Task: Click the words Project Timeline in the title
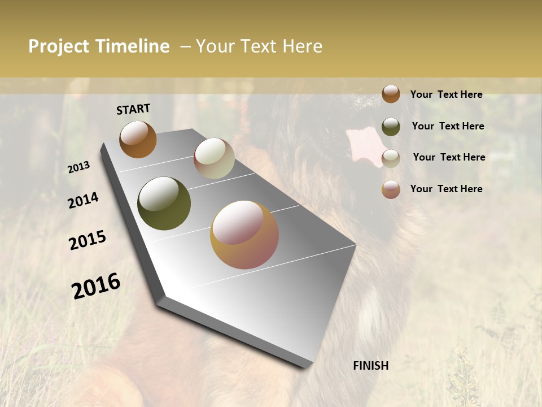click(x=99, y=46)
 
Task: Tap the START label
click(x=133, y=109)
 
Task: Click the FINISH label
click(x=371, y=366)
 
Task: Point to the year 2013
click(x=79, y=167)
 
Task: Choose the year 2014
click(x=84, y=201)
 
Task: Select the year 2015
click(x=88, y=240)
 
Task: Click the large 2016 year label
click(x=96, y=285)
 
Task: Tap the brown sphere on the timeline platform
click(x=138, y=139)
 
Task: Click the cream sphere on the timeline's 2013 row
click(x=214, y=158)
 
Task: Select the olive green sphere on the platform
click(x=164, y=203)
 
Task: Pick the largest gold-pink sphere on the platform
click(x=244, y=235)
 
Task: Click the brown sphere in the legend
click(x=391, y=94)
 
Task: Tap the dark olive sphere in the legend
click(x=391, y=127)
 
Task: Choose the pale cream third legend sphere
click(x=391, y=158)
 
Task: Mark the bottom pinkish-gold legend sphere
click(x=391, y=189)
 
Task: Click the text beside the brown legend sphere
click(x=446, y=94)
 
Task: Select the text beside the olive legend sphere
click(x=448, y=126)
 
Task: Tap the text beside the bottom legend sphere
click(x=446, y=189)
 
